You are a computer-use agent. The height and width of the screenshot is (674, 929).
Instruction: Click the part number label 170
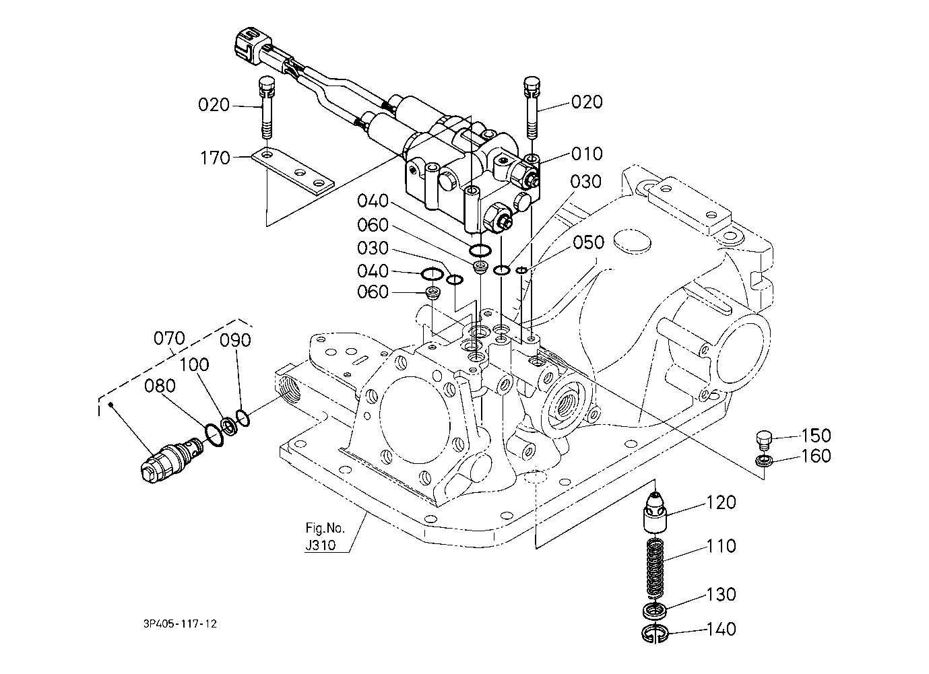point(215,158)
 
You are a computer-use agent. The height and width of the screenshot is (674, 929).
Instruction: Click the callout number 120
point(721,502)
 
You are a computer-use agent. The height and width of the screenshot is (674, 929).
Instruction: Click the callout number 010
point(587,154)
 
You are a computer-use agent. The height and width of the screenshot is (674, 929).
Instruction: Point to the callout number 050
point(589,242)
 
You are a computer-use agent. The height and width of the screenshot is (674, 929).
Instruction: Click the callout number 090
point(236,340)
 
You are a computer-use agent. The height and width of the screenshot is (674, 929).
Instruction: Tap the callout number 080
point(160,386)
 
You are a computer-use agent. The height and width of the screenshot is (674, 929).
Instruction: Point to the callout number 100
point(194,365)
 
